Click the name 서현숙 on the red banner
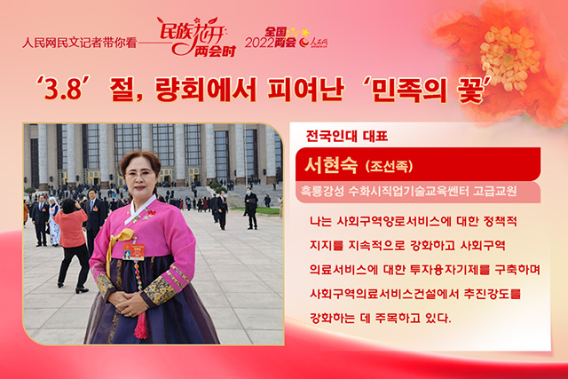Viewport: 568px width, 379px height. [x=331, y=166]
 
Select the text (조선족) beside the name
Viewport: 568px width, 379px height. [x=389, y=167]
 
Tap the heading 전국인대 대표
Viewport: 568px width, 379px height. [x=347, y=136]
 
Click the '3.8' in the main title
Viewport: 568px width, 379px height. [x=59, y=88]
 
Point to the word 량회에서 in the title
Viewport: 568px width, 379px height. [x=205, y=89]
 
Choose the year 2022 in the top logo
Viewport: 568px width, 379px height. [x=259, y=43]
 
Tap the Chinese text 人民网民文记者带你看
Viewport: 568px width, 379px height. [x=79, y=43]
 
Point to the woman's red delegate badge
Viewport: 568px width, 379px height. [x=133, y=251]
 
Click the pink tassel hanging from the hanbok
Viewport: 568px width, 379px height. [x=141, y=324]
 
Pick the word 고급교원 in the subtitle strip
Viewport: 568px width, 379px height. [x=494, y=192]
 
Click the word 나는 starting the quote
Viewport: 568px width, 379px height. [x=320, y=221]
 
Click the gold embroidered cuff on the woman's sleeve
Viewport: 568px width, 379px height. [x=160, y=290]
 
